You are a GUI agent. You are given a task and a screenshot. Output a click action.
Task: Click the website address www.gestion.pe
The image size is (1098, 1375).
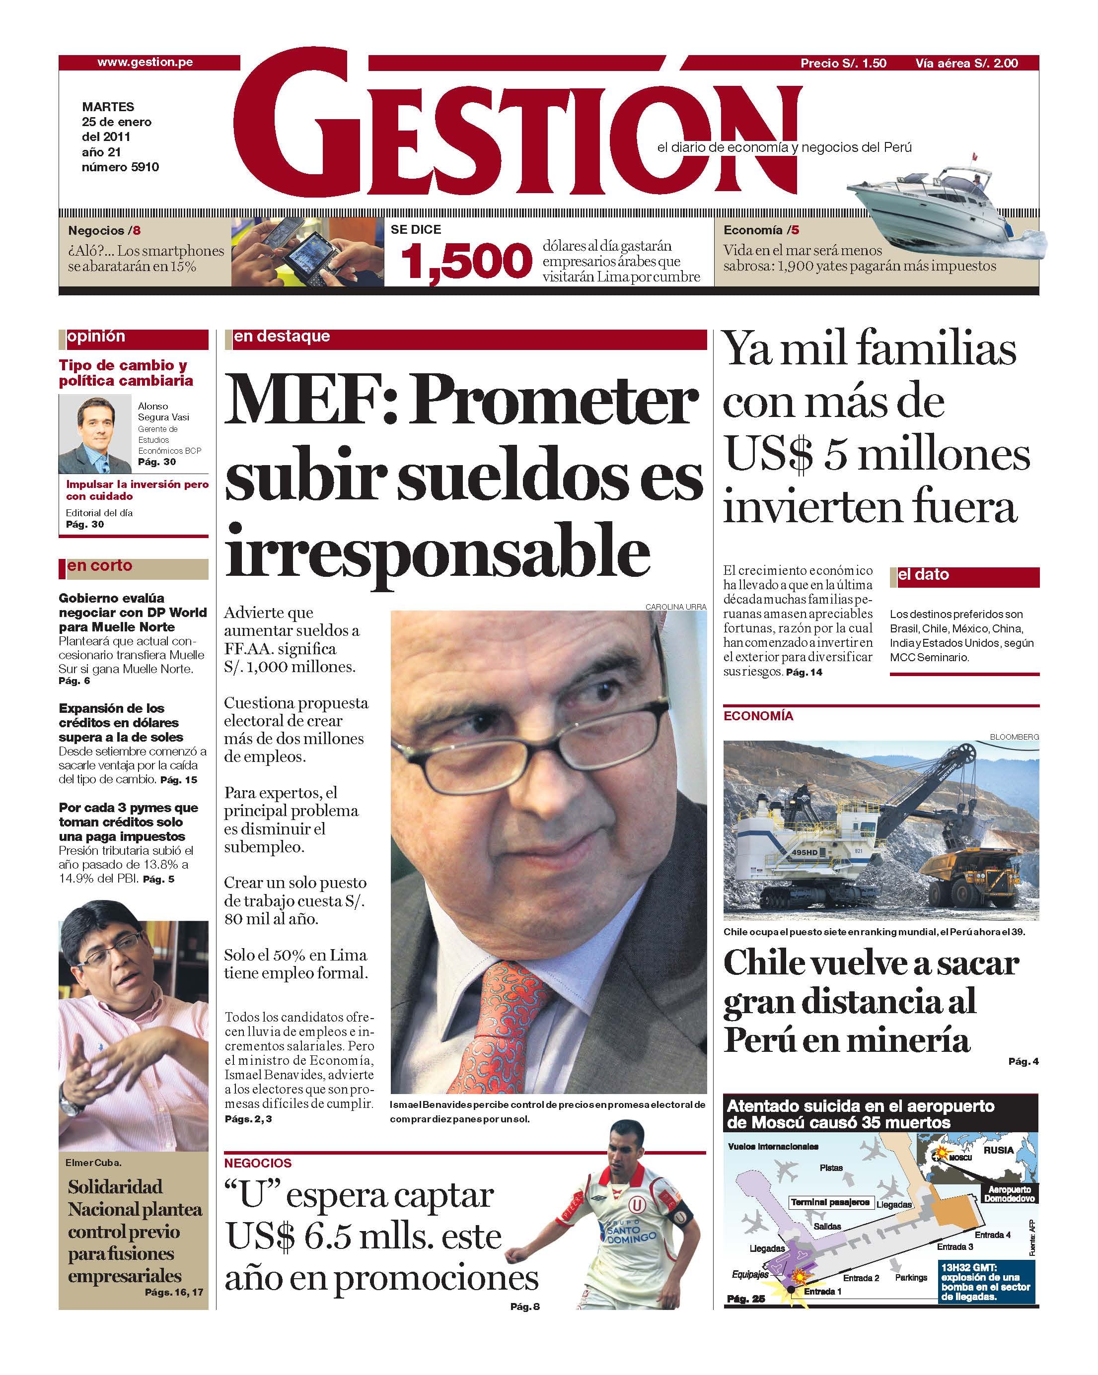[x=145, y=63]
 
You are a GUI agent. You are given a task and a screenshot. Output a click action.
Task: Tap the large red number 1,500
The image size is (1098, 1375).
[x=466, y=262]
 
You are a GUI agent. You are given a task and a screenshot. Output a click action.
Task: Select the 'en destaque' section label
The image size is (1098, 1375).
[x=282, y=336]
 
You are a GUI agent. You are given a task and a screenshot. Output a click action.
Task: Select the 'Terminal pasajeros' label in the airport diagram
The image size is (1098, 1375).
[x=829, y=1202]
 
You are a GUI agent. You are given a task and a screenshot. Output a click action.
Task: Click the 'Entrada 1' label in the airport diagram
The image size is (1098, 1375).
[x=822, y=1292]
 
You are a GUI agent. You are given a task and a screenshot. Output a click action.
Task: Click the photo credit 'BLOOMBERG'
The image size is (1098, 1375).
[x=1014, y=737]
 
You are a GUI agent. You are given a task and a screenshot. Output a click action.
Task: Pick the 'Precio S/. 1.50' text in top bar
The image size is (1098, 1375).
[x=843, y=63]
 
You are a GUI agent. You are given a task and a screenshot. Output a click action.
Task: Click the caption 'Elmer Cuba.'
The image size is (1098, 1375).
[x=93, y=1163]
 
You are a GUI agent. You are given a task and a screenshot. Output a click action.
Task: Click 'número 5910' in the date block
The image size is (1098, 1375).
[x=120, y=167]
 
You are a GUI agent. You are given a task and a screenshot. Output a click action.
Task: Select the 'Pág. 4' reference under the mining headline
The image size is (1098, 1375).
[x=1023, y=1061]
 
